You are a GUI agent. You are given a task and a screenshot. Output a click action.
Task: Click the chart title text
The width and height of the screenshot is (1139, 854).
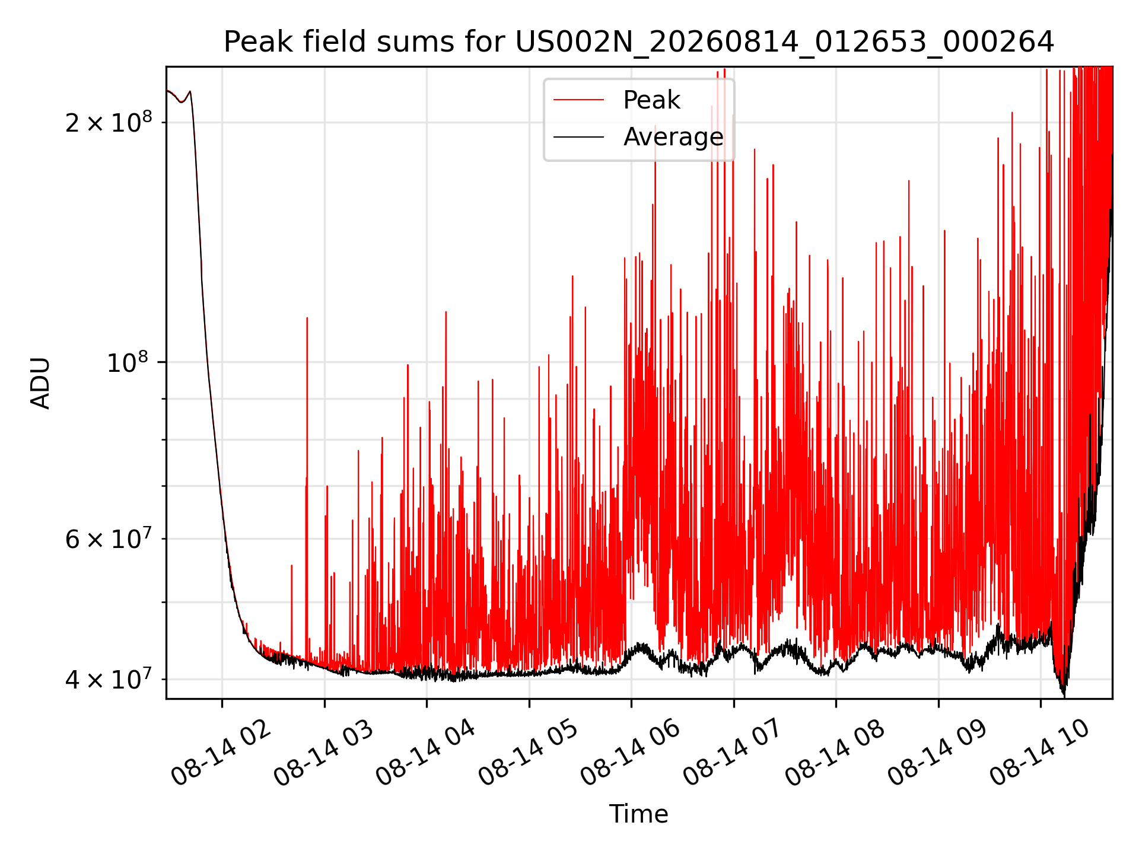click(x=639, y=42)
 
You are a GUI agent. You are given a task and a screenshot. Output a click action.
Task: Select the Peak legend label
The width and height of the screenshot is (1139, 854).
click(x=651, y=100)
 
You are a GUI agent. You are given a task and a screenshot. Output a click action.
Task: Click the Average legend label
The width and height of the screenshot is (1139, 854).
click(x=673, y=137)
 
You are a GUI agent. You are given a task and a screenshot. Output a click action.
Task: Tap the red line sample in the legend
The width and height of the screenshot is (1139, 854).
click(x=579, y=100)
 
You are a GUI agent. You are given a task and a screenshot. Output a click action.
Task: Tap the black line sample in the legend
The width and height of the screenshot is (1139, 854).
click(x=579, y=137)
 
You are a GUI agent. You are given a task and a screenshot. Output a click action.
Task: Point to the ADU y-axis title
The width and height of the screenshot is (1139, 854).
click(x=40, y=383)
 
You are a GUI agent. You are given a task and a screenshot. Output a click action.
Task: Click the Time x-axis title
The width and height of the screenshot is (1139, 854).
click(x=639, y=814)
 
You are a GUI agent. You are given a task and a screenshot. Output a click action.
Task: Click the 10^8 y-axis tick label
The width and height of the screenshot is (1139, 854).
click(x=129, y=361)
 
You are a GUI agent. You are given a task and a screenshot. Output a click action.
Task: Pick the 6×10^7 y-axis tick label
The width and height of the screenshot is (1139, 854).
click(x=109, y=538)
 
